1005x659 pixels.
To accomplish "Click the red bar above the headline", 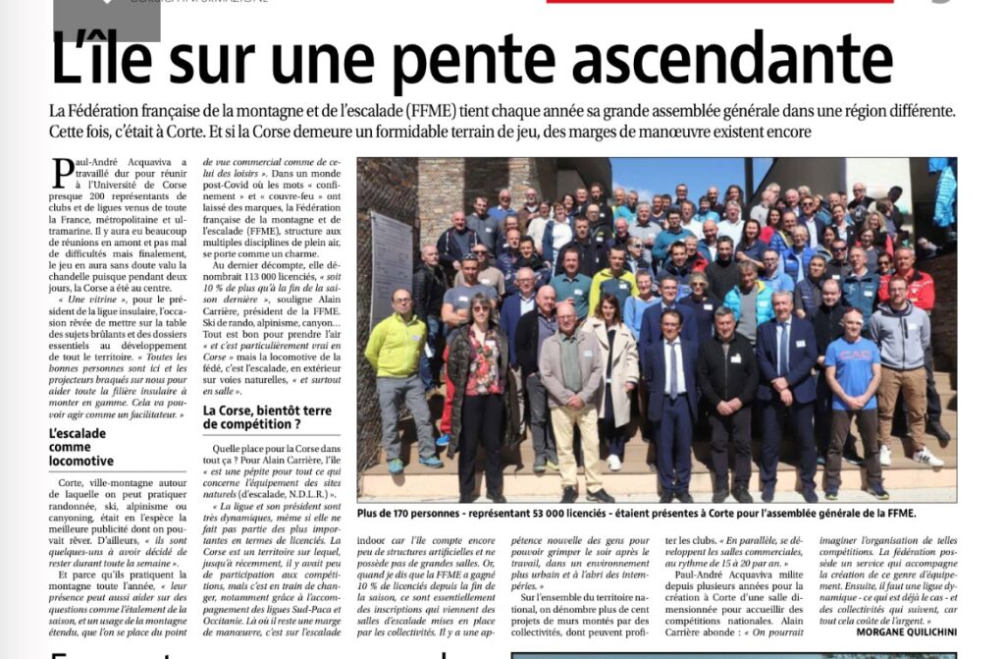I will (x=719, y=2).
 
